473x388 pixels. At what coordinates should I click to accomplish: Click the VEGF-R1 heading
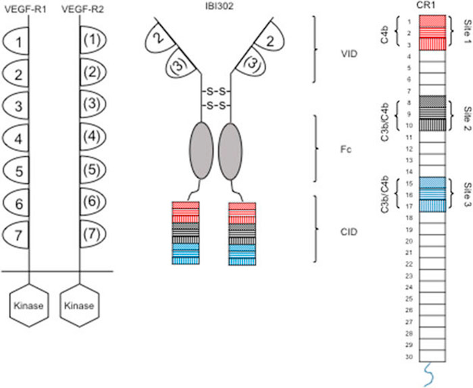pos(25,9)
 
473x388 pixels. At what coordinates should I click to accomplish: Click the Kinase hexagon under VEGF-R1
pos(28,306)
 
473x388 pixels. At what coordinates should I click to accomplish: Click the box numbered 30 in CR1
pos(431,356)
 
